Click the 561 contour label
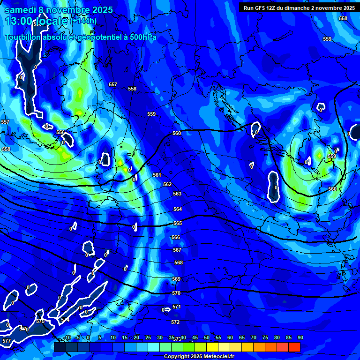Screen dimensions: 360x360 point(157,175)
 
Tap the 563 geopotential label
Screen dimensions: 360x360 point(177,194)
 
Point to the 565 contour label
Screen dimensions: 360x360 point(178,224)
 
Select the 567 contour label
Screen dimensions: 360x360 point(177,250)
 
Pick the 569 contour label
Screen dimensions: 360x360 point(176,279)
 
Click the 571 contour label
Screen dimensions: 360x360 point(177,307)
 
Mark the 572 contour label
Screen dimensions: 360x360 point(175,322)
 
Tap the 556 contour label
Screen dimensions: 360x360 point(60,133)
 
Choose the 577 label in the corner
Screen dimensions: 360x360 point(6,341)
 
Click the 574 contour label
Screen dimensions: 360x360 point(65,320)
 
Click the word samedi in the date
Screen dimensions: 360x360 point(22,9)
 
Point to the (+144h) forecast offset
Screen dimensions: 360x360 point(84,21)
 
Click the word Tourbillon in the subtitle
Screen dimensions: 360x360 point(23,37)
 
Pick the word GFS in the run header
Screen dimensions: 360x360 point(260,8)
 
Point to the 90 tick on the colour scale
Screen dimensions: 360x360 point(300,337)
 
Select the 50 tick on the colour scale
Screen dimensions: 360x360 point(207,337)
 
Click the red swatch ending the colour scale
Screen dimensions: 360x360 point(294,347)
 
